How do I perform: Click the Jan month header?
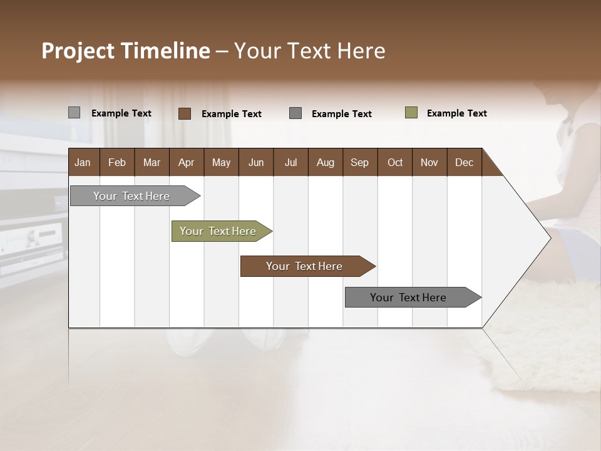point(83,162)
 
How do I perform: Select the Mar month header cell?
point(152,162)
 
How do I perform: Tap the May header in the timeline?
point(221,162)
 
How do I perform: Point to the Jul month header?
point(290,162)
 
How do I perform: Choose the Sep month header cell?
point(359,162)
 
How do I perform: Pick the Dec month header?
point(464,162)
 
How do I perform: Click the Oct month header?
point(395,162)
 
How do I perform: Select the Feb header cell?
point(117,162)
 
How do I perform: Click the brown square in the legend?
point(185,113)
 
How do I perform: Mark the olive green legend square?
point(411,113)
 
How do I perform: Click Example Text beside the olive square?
point(456,113)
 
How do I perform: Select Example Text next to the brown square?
point(231,114)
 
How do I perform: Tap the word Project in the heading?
point(78,51)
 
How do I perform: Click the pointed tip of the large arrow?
point(549,238)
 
